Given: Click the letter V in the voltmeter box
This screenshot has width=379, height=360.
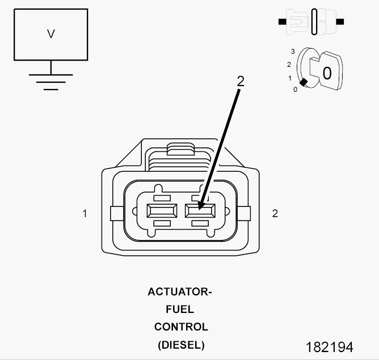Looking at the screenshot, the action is (x=50, y=34).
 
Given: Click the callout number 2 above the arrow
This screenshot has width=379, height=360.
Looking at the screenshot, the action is (x=241, y=81).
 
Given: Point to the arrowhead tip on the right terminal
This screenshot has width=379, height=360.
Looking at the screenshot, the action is (x=199, y=210).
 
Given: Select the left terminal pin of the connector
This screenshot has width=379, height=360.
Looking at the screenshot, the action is (x=162, y=210).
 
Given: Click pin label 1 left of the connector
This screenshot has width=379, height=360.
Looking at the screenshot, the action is (x=85, y=213).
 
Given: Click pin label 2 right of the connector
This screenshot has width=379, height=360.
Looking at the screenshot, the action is (x=275, y=213).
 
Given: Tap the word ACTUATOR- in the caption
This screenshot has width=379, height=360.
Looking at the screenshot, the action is (x=180, y=291).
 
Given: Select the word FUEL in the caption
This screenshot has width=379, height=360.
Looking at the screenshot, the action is (x=180, y=310).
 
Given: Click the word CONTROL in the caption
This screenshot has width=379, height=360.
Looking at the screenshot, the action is (x=181, y=327).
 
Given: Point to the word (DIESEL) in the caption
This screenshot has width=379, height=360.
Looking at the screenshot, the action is (x=181, y=345).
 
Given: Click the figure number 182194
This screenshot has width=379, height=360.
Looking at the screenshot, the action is (x=330, y=347).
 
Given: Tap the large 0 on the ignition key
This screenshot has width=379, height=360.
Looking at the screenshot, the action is (x=327, y=73).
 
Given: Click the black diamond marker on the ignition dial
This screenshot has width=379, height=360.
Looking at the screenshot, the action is (x=304, y=82).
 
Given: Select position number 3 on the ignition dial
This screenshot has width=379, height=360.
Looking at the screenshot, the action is (x=293, y=52).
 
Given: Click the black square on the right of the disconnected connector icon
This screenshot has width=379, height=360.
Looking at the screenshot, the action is (x=340, y=22).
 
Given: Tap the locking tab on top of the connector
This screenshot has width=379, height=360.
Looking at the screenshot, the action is (x=180, y=149).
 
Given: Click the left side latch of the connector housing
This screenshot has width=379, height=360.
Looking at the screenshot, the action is (x=117, y=213).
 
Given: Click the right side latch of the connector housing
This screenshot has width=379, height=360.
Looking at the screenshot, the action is (x=244, y=213).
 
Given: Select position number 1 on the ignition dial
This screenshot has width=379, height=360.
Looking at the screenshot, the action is (x=290, y=78).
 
